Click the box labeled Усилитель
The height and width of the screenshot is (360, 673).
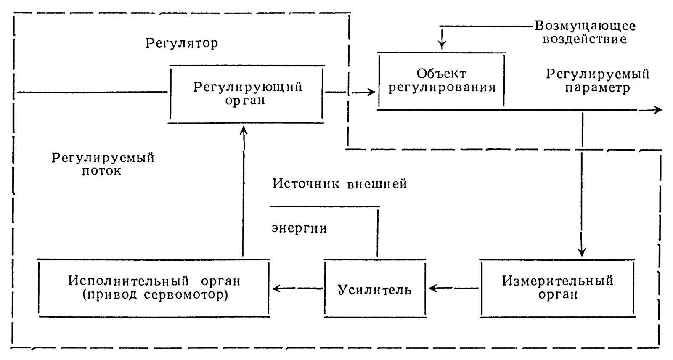(x=375, y=289)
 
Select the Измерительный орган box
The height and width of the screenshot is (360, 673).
(x=557, y=288)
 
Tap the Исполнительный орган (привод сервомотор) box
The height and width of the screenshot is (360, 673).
(x=154, y=288)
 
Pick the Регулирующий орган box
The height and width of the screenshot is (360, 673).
(x=247, y=93)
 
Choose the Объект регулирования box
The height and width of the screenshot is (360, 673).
(x=442, y=80)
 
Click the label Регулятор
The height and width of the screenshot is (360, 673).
(x=182, y=43)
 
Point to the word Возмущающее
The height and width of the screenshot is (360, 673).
(x=585, y=26)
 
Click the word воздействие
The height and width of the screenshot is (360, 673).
(x=585, y=40)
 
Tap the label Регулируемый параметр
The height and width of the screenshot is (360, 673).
(x=597, y=81)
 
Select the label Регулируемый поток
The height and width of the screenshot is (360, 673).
(x=103, y=164)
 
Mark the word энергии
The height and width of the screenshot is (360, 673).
(x=299, y=228)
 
